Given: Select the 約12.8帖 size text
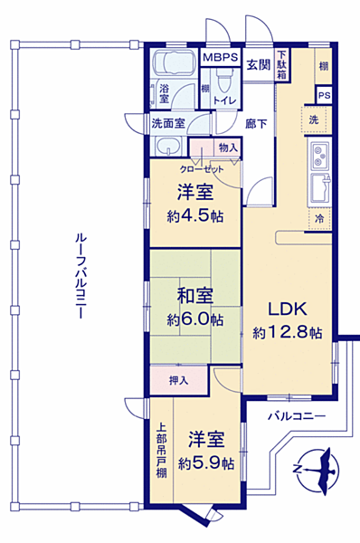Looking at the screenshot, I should (x=287, y=331).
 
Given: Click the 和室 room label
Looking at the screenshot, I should (x=194, y=296).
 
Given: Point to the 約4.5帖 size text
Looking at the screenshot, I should (x=195, y=215).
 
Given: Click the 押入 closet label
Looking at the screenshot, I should (x=179, y=380).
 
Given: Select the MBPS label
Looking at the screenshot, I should (x=220, y=58).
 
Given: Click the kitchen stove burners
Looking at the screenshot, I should (x=323, y=157).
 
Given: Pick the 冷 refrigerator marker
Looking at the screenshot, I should (x=319, y=219).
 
